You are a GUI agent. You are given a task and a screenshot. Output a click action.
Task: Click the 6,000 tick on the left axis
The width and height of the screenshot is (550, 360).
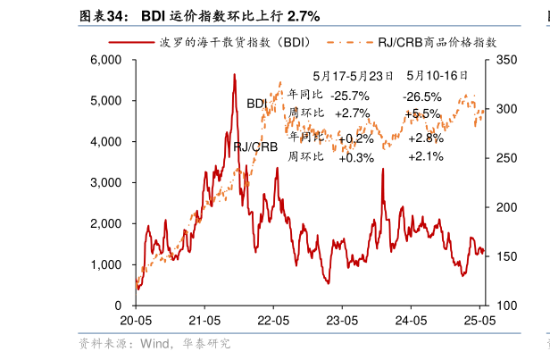[x=105, y=60]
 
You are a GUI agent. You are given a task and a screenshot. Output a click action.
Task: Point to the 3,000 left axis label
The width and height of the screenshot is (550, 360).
[x=105, y=182]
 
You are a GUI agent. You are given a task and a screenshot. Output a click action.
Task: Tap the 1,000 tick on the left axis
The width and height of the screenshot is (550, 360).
[x=105, y=264]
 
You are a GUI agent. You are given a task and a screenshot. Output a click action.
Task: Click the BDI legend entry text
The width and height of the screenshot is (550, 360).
[x=236, y=41]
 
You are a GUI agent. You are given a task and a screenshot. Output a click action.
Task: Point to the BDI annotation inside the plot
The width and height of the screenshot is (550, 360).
[x=257, y=104]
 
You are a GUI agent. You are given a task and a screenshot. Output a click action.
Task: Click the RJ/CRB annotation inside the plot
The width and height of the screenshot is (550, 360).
[x=254, y=147]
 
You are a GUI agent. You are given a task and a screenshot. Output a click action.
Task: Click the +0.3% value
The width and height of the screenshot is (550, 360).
[x=357, y=157]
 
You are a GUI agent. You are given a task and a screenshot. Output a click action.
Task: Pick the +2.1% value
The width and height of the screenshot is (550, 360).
[x=425, y=156]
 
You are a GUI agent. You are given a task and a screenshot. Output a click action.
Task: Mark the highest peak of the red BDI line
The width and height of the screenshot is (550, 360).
[x=234, y=75]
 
